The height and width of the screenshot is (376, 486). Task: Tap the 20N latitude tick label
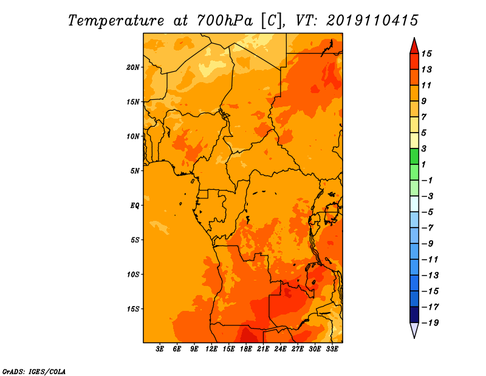(x=134, y=67)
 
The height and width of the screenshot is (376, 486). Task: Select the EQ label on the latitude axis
(x=135, y=205)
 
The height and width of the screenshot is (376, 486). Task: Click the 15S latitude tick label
(x=134, y=308)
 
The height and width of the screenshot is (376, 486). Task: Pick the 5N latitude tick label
(x=135, y=170)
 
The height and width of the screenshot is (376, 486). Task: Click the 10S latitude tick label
(x=134, y=274)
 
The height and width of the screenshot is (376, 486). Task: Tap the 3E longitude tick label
(x=160, y=349)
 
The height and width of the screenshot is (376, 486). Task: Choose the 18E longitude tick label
(x=246, y=349)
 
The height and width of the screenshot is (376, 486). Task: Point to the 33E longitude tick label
(x=332, y=349)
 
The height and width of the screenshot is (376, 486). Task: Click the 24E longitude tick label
(x=281, y=349)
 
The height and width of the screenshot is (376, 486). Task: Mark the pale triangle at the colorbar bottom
(x=414, y=330)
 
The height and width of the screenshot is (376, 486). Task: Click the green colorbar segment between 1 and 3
(x=414, y=156)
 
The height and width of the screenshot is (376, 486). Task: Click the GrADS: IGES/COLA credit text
(x=33, y=371)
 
